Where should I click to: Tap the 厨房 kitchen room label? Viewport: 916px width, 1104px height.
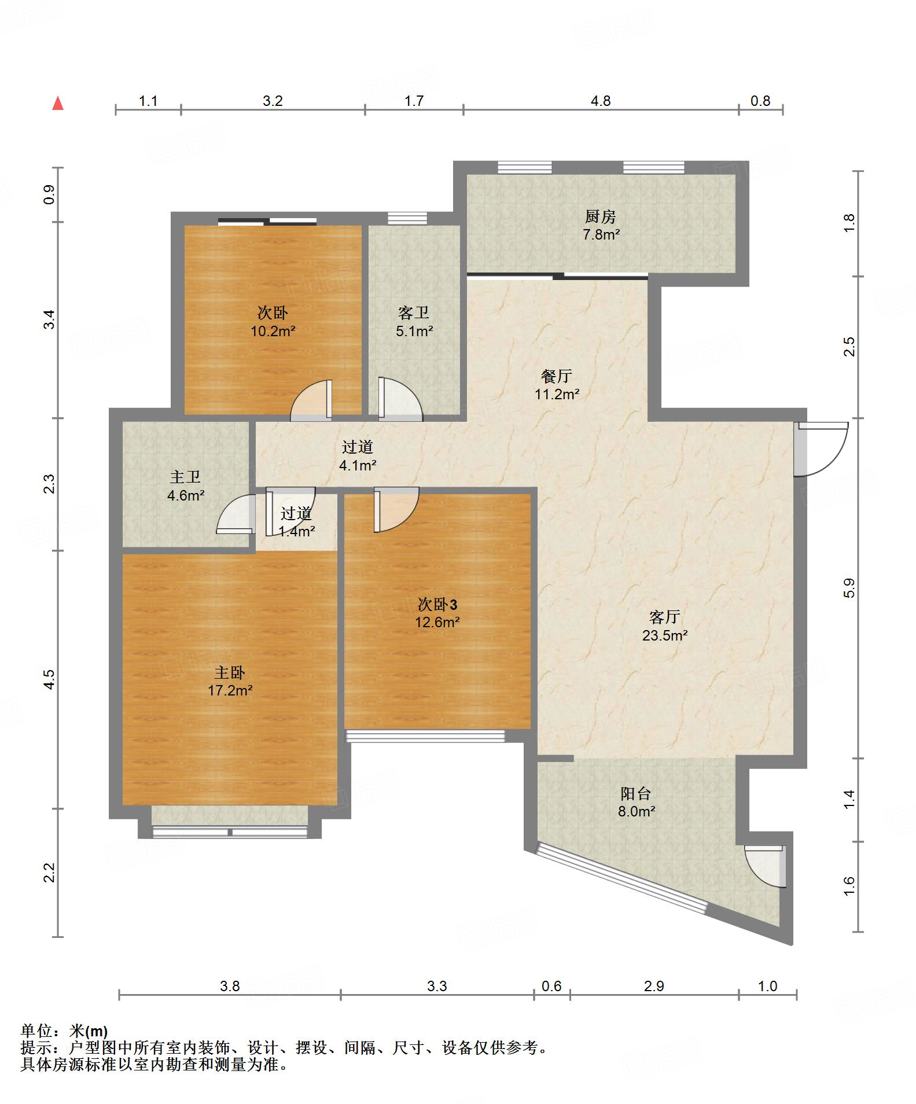(x=601, y=217)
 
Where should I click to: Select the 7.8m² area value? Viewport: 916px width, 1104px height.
(x=601, y=235)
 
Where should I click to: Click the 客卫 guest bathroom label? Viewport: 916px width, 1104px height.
(x=414, y=313)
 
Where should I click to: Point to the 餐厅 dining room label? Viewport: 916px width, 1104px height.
(x=557, y=376)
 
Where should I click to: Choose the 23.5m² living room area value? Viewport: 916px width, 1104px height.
(x=665, y=635)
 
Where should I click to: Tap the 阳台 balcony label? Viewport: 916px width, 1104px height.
(x=636, y=793)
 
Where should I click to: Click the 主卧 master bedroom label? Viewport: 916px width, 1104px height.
(x=230, y=672)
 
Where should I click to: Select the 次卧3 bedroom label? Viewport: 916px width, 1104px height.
(x=437, y=605)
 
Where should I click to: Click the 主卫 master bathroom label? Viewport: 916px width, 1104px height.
(x=185, y=477)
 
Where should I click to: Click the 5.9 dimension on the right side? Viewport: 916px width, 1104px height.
(x=849, y=588)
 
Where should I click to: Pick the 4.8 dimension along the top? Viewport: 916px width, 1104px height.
(x=601, y=101)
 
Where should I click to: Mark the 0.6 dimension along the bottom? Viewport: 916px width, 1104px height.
(x=551, y=985)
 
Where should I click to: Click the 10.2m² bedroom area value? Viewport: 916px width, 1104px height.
(x=273, y=332)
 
